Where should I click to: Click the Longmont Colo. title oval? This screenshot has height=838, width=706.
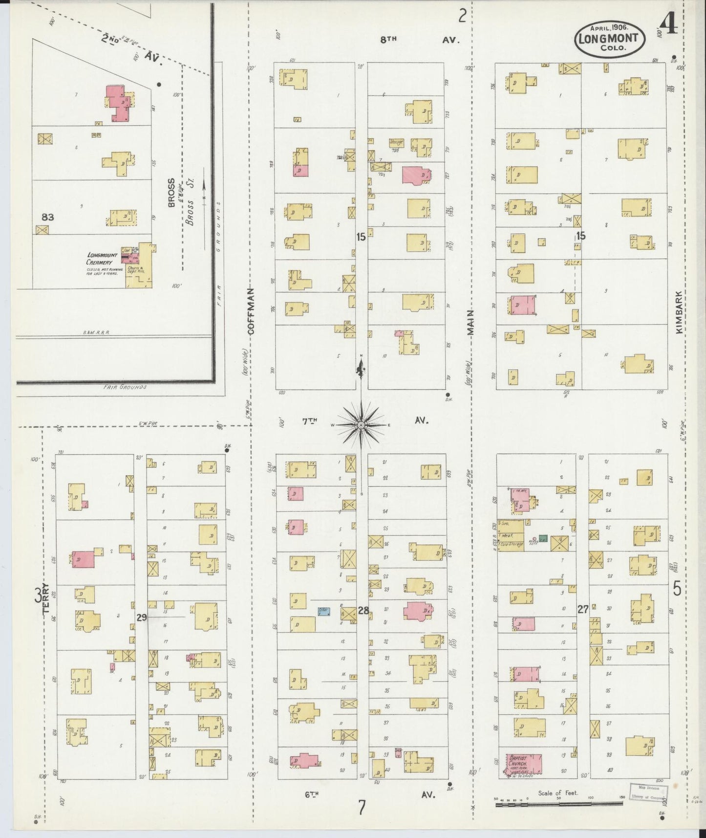click(x=609, y=38)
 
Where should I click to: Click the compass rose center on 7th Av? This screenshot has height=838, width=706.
click(x=361, y=425)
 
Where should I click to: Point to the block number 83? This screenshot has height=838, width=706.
click(x=47, y=217)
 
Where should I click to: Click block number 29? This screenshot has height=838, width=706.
click(x=142, y=617)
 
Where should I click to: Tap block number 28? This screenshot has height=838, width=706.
click(x=363, y=610)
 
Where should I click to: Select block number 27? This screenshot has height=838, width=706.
click(x=582, y=609)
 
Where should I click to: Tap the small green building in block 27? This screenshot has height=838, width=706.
click(x=542, y=537)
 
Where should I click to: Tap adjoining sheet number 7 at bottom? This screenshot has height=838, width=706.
click(x=362, y=808)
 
